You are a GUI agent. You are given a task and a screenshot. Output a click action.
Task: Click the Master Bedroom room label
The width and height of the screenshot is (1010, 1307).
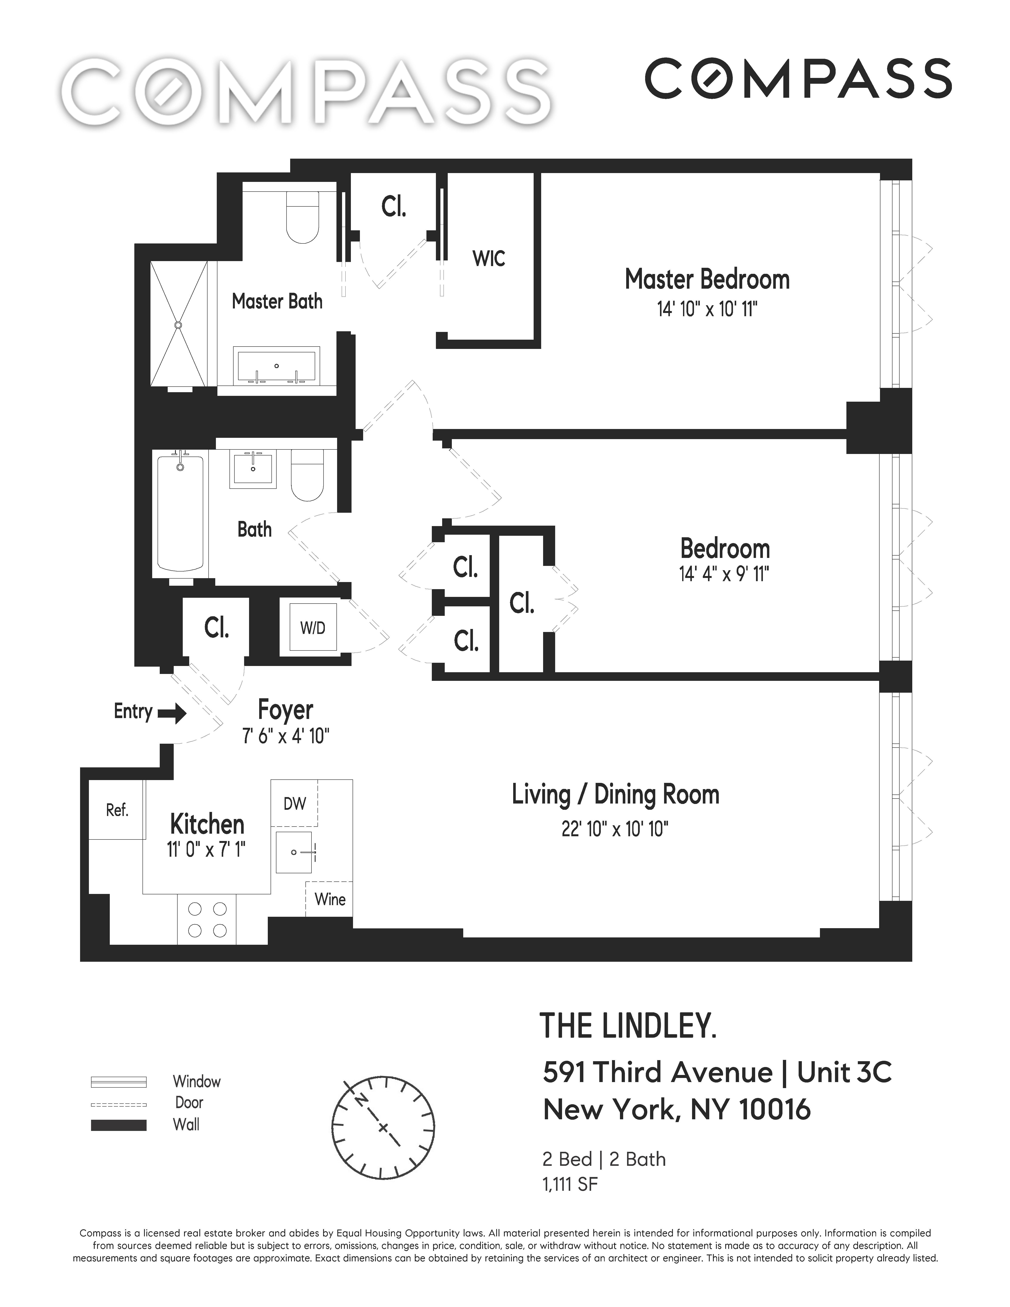(707, 279)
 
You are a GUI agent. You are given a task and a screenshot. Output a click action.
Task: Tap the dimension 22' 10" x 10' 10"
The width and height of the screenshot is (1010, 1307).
(615, 829)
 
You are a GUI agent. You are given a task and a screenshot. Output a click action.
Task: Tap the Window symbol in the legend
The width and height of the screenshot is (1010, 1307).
(118, 1082)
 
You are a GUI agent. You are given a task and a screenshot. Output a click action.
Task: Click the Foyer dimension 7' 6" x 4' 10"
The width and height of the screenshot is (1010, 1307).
(285, 736)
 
